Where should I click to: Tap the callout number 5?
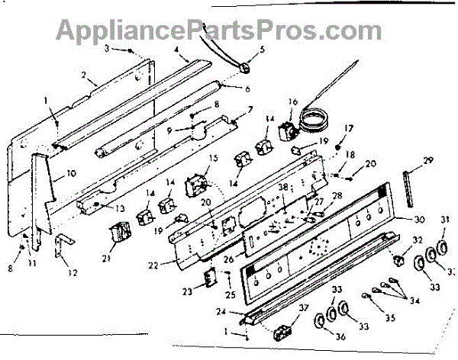[x=263, y=50]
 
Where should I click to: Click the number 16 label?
[x=292, y=101]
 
